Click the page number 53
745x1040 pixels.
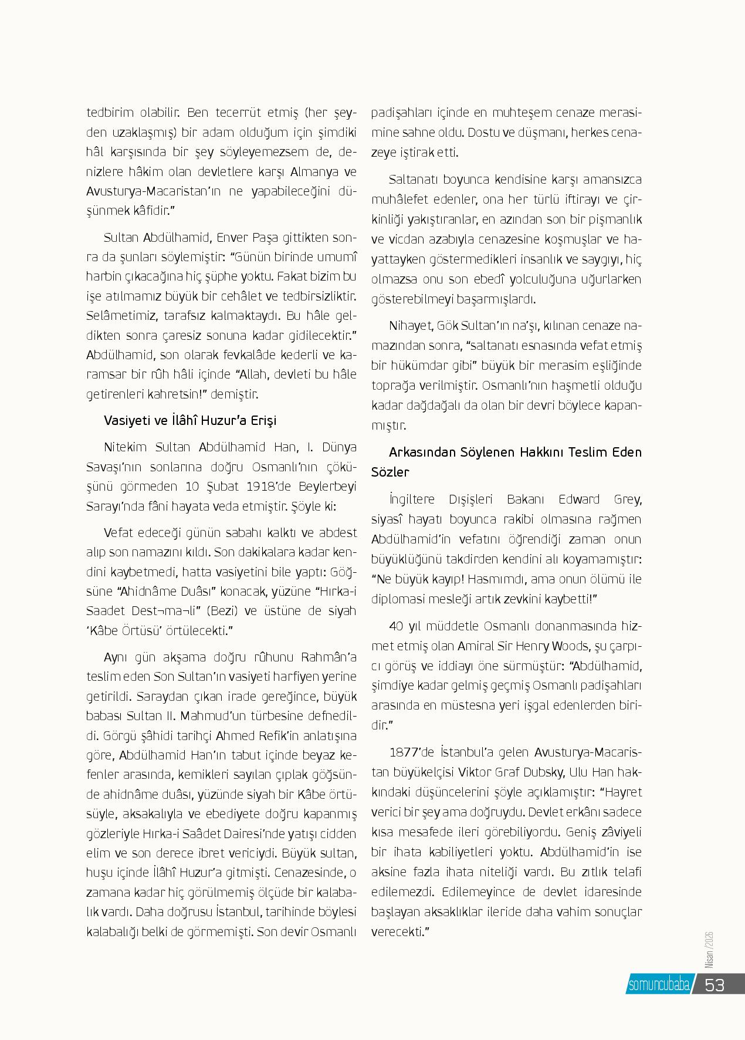coord(714,984)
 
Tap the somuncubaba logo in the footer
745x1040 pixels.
coord(659,985)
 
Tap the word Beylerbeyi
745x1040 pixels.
coord(327,487)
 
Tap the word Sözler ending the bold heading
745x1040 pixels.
coord(390,472)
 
